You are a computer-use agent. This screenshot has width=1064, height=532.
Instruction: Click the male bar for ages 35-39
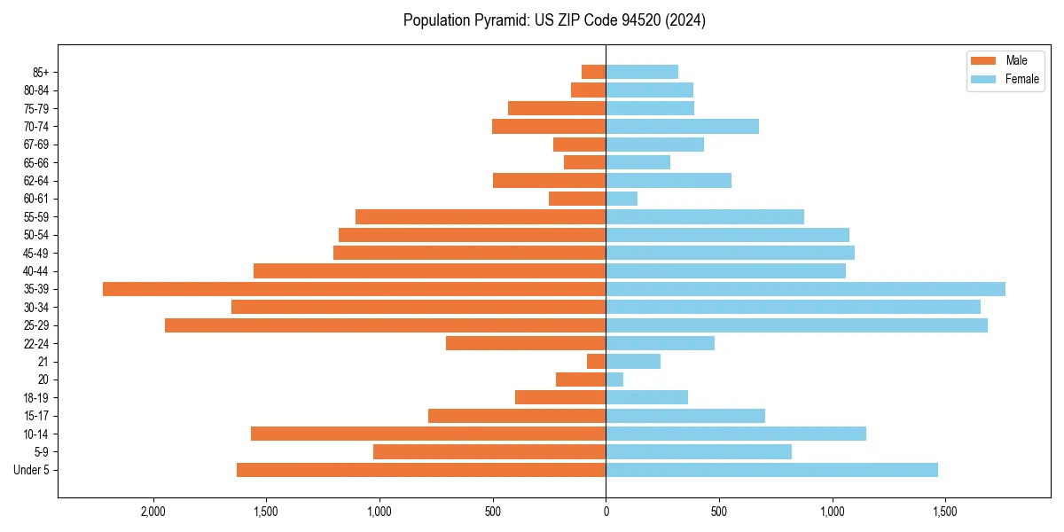click(x=355, y=289)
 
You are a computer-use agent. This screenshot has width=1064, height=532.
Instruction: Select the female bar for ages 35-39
click(x=805, y=289)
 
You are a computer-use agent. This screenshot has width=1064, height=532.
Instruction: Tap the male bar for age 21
click(x=597, y=362)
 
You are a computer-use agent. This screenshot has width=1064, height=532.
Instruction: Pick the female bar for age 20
click(x=614, y=379)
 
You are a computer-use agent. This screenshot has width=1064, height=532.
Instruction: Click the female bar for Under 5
click(x=771, y=470)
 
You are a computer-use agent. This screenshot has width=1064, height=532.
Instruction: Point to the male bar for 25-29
click(x=386, y=325)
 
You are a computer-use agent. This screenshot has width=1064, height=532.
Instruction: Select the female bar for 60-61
click(x=622, y=199)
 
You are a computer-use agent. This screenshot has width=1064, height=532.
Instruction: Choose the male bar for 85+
click(x=594, y=72)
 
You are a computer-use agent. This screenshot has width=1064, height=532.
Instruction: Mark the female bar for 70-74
click(x=682, y=126)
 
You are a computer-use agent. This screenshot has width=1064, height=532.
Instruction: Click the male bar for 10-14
click(x=428, y=434)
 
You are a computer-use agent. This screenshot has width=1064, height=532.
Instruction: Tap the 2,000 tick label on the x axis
click(x=153, y=512)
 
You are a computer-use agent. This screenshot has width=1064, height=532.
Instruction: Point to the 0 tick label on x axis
click(x=606, y=512)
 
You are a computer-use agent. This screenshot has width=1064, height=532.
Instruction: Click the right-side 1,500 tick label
click(x=945, y=512)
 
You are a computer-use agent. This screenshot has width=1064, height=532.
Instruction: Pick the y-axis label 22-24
click(x=35, y=344)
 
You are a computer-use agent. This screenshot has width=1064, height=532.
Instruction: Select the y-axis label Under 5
click(x=32, y=470)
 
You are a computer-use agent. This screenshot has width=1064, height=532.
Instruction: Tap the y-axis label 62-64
click(x=35, y=181)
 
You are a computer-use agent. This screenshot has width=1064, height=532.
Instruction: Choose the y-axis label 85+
click(x=39, y=72)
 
